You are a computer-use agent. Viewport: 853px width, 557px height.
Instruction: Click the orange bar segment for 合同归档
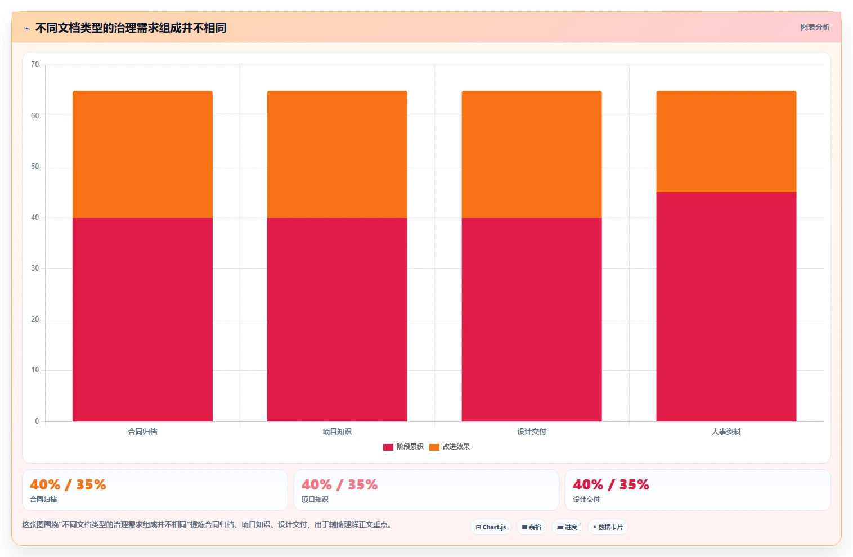[x=142, y=154]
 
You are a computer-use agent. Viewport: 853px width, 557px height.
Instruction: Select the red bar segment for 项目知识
[x=337, y=320]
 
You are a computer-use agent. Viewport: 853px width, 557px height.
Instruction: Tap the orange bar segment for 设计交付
[x=532, y=154]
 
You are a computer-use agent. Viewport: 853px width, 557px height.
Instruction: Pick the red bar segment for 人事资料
[x=726, y=307]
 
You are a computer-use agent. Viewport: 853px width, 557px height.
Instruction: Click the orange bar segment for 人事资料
[x=726, y=142]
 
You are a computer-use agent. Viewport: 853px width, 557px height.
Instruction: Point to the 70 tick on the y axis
[x=35, y=65]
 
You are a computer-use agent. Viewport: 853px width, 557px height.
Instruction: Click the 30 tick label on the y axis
[x=35, y=268]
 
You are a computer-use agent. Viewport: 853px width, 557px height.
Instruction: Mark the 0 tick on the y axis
[x=37, y=421]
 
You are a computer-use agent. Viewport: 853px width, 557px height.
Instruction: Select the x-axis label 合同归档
[x=142, y=432]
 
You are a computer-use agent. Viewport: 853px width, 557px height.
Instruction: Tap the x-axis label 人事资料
[x=726, y=432]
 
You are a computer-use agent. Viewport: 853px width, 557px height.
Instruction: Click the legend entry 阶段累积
[x=403, y=447]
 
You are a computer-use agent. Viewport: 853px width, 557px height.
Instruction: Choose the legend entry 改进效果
[x=450, y=447]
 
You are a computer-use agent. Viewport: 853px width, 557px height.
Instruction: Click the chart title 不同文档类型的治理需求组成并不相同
[x=131, y=28]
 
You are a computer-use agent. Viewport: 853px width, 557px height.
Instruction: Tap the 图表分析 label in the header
[x=815, y=28]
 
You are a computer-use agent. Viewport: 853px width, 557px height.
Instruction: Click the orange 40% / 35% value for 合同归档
[x=68, y=484]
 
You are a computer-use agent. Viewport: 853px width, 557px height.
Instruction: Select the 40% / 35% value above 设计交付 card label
[x=611, y=484]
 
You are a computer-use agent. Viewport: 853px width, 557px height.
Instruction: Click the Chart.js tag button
[x=491, y=527]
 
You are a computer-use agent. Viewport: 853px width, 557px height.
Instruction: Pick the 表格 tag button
[x=532, y=527]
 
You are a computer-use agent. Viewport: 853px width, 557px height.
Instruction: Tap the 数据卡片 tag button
[x=608, y=527]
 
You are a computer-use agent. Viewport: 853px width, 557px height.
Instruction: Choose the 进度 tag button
[x=567, y=527]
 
